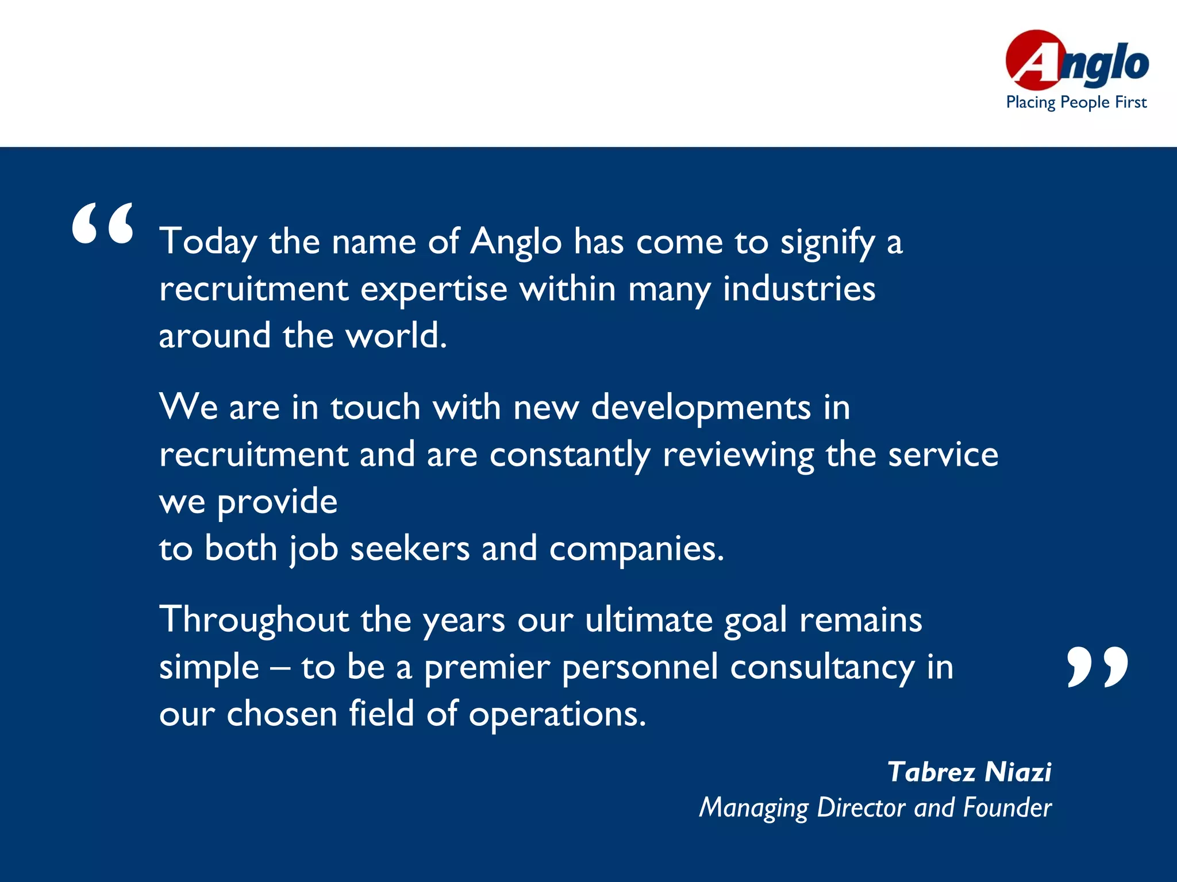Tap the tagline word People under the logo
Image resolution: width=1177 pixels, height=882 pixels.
1085,102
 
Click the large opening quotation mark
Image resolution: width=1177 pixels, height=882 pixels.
102,224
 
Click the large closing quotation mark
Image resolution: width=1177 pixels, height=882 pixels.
1097,667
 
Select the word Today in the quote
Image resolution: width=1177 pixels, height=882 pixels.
208,241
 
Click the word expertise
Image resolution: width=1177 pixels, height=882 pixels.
434,289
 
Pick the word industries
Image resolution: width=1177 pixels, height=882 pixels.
799,288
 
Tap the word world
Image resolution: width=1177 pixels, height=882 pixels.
395,335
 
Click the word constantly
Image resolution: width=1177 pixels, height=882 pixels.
570,455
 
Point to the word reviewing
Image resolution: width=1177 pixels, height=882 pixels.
738,455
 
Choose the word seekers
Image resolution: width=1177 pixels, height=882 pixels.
410,548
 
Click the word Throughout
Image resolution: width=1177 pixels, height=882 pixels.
254,621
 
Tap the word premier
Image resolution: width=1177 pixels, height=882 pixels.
487,668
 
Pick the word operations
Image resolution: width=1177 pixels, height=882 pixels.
557,715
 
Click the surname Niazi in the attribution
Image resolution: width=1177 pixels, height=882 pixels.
1018,772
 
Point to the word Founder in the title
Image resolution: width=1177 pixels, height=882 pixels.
1007,807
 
